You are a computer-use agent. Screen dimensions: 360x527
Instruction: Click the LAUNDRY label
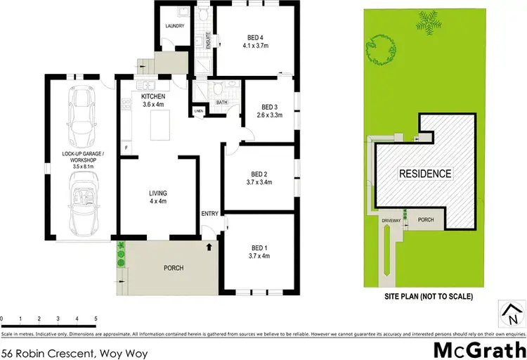point(174,27)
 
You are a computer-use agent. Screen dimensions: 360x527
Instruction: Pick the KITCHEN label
point(153,96)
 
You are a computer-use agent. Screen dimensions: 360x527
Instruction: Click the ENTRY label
point(209,214)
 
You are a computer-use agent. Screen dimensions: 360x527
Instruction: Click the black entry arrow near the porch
point(208,247)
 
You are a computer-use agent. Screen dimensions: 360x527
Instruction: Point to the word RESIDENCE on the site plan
point(425,174)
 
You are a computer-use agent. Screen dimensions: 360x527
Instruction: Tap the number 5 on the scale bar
point(95,319)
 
